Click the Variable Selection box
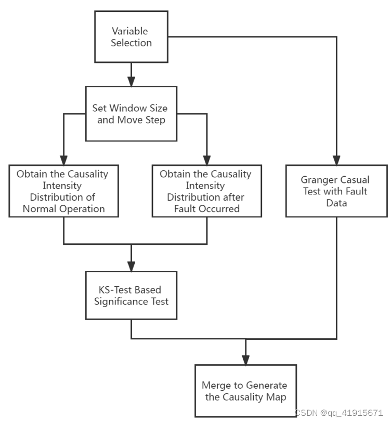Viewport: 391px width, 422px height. coord(131,36)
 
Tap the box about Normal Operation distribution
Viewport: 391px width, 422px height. coord(63,191)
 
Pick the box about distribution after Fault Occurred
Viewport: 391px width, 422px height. coord(206,191)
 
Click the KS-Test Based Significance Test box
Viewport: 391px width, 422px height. coord(131,295)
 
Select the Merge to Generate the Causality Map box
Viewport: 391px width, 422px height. coord(245,391)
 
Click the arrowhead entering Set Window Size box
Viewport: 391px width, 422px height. coord(131,81)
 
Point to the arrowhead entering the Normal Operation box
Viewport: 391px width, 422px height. coord(63,159)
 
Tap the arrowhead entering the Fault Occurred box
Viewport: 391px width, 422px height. coord(206,159)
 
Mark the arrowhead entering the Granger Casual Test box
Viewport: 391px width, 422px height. coord(335,159)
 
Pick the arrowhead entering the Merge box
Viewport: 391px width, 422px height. coord(245,359)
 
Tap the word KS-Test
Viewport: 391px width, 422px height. coord(112,289)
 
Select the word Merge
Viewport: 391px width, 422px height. coord(216,386)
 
